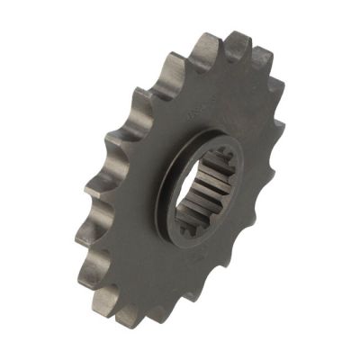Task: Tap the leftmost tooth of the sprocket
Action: pos(92,189)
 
